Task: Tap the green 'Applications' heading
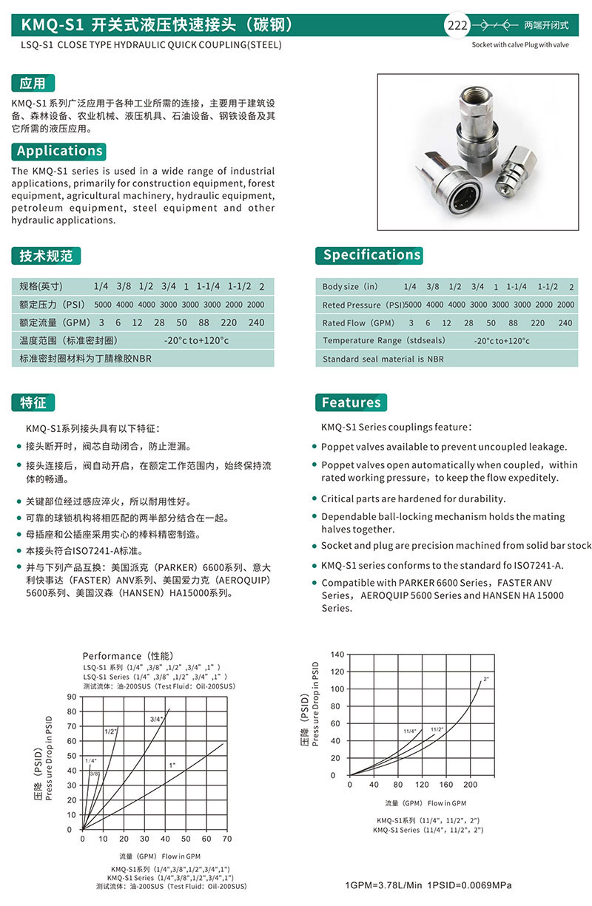tap(59, 151)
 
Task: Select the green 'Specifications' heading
tap(371, 255)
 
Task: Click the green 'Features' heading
tap(351, 402)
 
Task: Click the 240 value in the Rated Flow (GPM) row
tap(565, 323)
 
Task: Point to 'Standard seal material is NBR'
tap(383, 359)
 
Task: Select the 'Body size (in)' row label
tap(350, 287)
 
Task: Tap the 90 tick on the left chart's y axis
tap(72, 697)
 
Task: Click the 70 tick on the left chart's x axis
tap(227, 839)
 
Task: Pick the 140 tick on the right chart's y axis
tap(337, 655)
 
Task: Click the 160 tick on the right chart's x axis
tap(446, 785)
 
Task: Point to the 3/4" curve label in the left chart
tap(156, 719)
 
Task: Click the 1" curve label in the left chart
tap(172, 764)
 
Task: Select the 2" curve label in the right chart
tap(486, 678)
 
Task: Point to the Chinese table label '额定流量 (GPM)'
tap(52, 323)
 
